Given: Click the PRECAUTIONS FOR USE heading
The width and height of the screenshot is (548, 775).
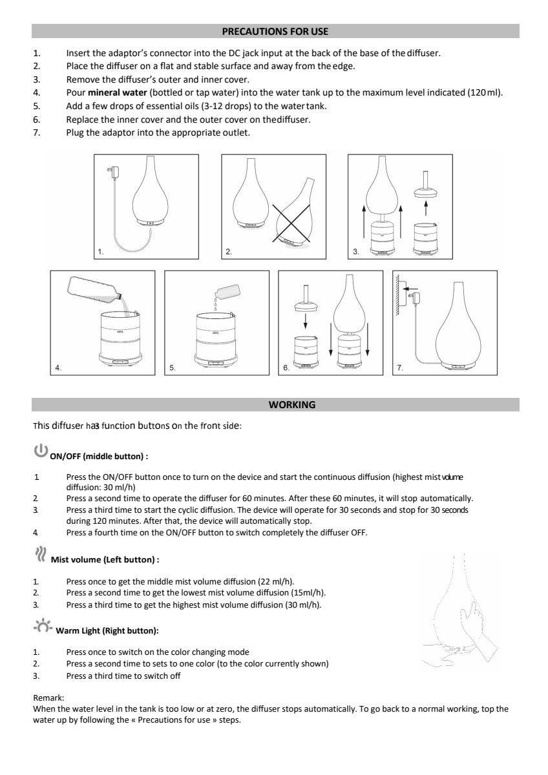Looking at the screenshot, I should (275, 31).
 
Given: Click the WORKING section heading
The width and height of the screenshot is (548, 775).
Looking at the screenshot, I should (292, 405).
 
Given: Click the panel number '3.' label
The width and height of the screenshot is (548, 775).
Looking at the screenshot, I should (356, 251).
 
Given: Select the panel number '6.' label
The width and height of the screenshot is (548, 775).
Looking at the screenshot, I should (286, 367).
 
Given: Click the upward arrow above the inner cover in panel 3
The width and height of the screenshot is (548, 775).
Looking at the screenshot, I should (425, 206).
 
